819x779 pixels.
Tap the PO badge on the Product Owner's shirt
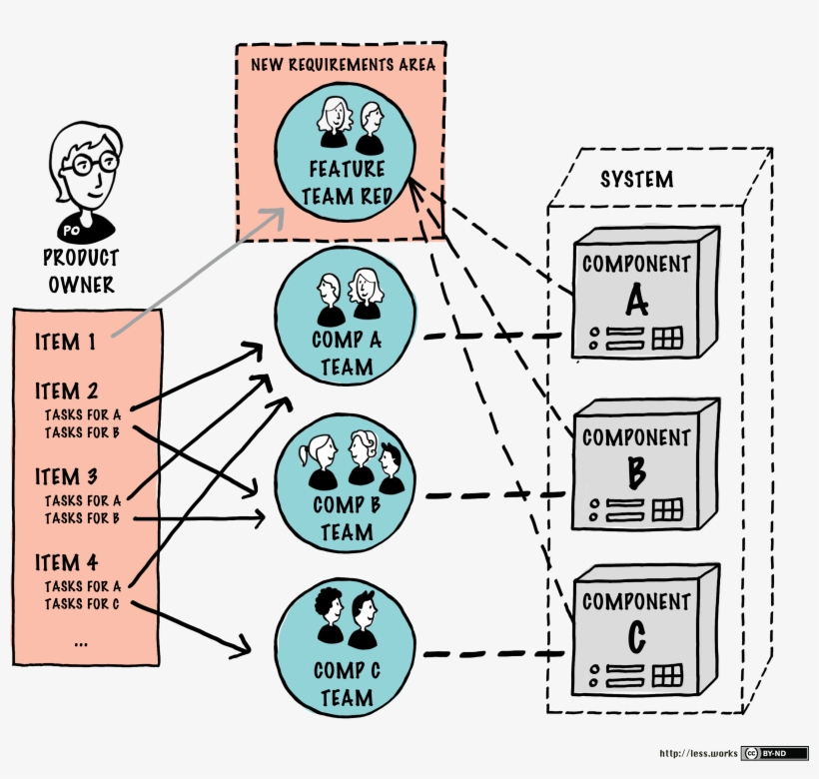point(72,231)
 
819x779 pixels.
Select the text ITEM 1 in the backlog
point(66,343)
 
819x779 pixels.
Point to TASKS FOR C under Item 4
point(83,604)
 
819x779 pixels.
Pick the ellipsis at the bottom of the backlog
point(80,644)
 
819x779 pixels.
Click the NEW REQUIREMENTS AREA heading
point(343,66)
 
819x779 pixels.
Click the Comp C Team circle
point(346,649)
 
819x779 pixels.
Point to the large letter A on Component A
point(636,298)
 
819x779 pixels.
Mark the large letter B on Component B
point(636,469)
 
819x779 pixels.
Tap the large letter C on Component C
point(636,635)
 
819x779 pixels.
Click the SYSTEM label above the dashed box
point(636,180)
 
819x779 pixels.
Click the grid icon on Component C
point(667,675)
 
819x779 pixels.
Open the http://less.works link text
point(697,754)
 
